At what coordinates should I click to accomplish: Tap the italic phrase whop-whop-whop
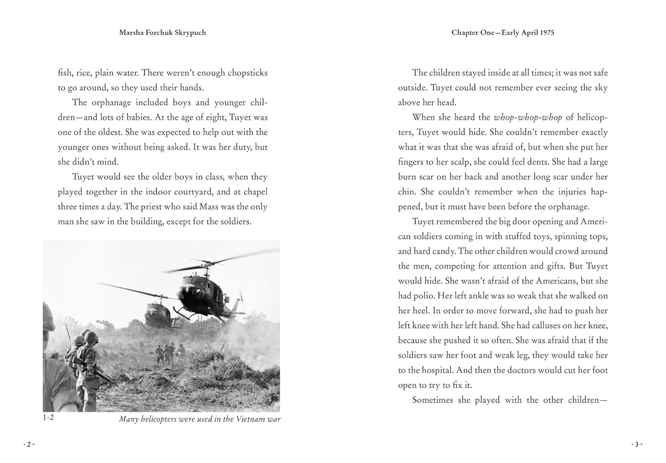527,117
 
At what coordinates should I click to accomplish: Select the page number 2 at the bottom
28,444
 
